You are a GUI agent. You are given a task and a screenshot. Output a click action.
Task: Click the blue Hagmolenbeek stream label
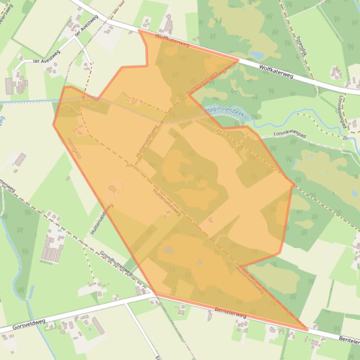[225, 111]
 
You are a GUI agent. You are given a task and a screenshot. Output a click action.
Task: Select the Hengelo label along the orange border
[74, 148]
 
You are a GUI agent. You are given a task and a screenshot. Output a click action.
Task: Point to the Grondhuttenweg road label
[116, 263]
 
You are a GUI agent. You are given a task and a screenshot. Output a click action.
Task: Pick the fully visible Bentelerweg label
[230, 312]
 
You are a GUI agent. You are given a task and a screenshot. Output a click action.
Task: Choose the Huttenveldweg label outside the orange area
[102, 219]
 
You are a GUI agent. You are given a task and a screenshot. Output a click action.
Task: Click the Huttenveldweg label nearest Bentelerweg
[250, 280]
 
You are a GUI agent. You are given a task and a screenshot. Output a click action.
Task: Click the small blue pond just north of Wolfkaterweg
[257, 55]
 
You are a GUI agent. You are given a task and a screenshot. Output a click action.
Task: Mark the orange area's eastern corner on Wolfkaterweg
[238, 60]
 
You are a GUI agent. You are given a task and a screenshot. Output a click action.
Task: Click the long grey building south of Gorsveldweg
[98, 326]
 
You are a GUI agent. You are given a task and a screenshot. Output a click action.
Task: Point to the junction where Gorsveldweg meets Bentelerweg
[154, 295]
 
